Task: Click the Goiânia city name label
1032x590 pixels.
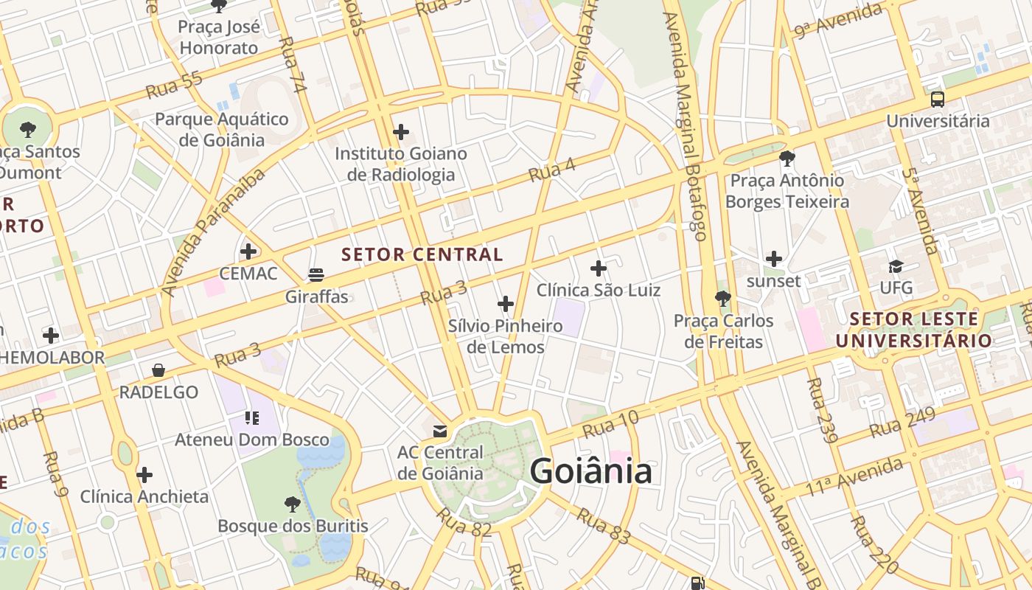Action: [590, 471]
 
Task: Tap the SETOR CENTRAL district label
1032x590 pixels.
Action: [422, 255]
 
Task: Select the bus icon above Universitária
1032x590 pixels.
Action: [938, 99]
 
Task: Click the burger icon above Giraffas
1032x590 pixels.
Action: [316, 275]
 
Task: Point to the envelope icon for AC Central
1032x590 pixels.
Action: [440, 431]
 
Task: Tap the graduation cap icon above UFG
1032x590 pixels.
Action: [896, 266]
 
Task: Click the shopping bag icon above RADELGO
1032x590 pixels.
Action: [158, 370]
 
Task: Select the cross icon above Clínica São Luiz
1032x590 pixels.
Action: [599, 268]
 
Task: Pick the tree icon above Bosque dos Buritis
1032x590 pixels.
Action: [293, 504]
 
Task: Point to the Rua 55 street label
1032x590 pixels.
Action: [174, 86]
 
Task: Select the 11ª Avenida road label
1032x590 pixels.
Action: [854, 477]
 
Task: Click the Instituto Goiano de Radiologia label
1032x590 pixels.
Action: [401, 164]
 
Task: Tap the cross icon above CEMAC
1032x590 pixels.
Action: [248, 251]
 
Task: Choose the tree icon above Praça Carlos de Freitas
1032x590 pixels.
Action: [723, 299]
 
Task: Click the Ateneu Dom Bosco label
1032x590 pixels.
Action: [252, 440]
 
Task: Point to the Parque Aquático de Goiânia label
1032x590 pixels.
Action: [221, 129]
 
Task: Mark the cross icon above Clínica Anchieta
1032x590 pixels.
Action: [144, 474]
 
